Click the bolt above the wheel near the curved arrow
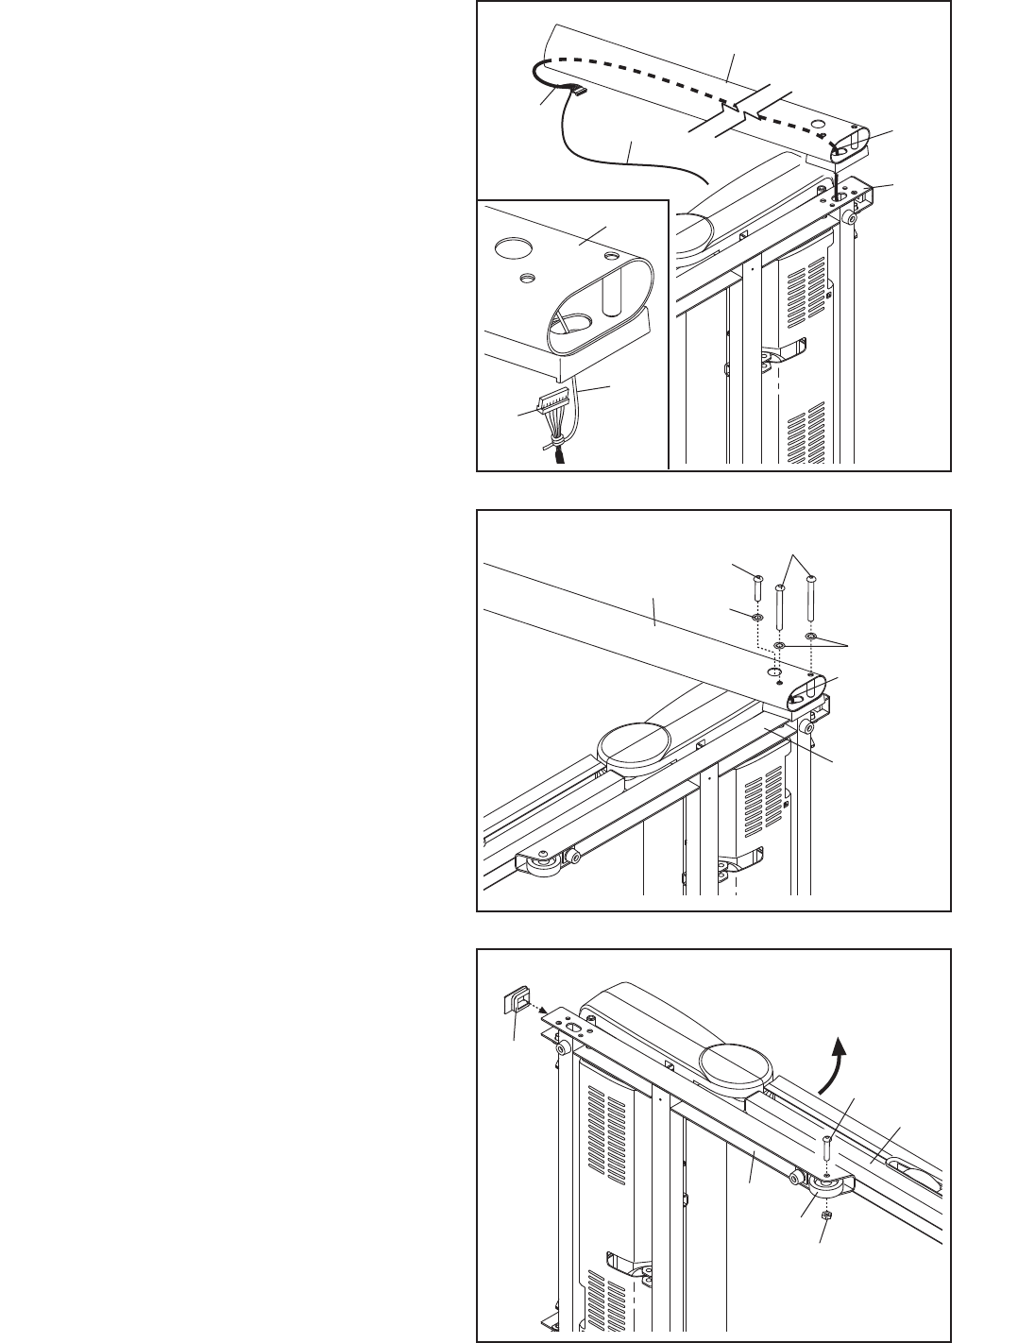826,1152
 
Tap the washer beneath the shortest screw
758,617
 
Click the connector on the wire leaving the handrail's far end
574,92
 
